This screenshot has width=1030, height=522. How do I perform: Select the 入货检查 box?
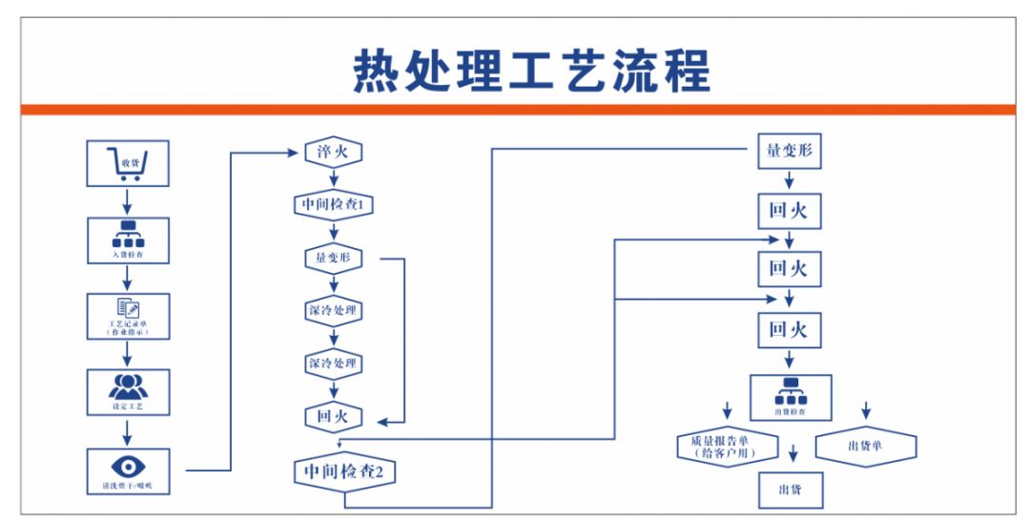(128, 240)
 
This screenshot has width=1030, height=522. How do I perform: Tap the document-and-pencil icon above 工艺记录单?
(128, 307)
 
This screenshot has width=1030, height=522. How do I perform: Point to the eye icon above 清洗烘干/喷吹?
(128, 466)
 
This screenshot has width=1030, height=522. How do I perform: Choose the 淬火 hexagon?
(333, 152)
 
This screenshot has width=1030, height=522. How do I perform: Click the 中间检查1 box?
(333, 204)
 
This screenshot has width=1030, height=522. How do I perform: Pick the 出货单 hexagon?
(865, 447)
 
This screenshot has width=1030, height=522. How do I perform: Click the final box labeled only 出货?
(790, 489)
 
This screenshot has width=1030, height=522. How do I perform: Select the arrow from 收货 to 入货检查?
(128, 201)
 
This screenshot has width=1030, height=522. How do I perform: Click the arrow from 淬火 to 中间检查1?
(333, 178)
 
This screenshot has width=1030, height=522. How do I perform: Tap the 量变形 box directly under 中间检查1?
(333, 258)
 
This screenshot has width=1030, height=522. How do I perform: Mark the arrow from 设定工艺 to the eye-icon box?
(128, 432)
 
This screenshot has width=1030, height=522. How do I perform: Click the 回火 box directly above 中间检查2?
(333, 416)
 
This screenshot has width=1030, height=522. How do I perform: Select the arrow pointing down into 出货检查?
(790, 361)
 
